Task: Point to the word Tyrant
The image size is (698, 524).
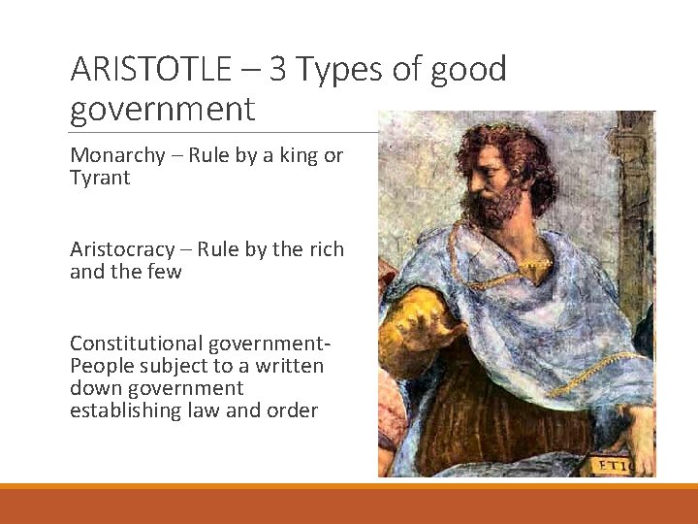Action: (100, 178)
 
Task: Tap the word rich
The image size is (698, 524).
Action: (326, 249)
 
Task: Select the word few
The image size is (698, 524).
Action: (164, 271)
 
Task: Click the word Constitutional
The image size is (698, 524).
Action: (131, 344)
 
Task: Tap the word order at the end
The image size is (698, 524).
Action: (294, 410)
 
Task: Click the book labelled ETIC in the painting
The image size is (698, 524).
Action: (617, 465)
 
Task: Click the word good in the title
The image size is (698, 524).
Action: (469, 70)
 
